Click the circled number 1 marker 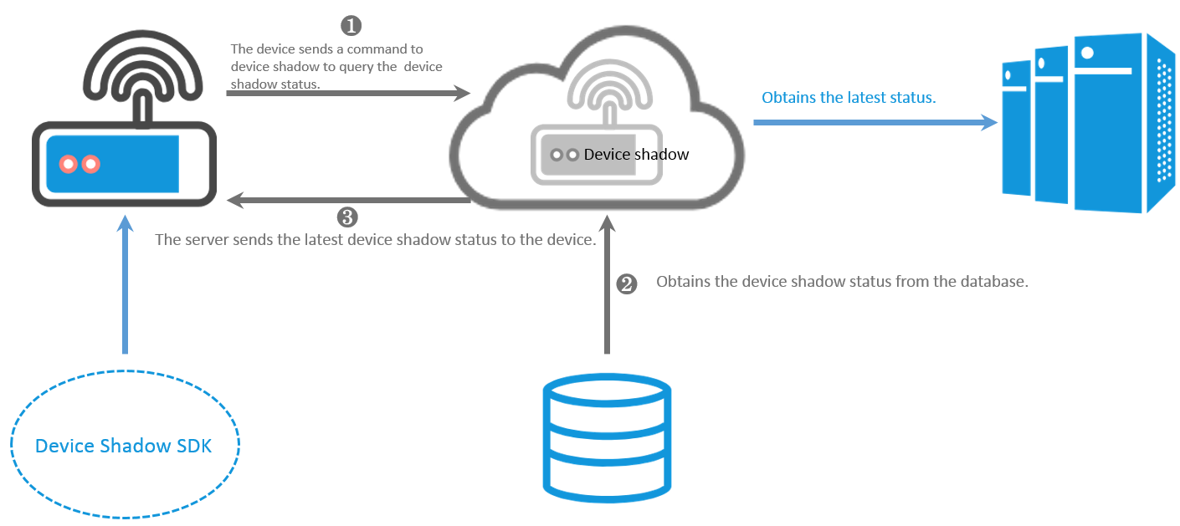tap(351, 25)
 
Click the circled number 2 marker tap(626, 284)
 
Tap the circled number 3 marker tap(347, 217)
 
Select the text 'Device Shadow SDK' tap(123, 446)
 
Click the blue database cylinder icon tap(607, 438)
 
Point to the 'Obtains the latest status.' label tap(849, 97)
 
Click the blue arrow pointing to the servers tap(875, 122)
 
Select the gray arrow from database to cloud tap(607, 284)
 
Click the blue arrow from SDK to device tap(125, 284)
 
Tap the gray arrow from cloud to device tap(348, 200)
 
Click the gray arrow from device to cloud tap(348, 93)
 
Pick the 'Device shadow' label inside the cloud tap(636, 154)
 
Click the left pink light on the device tap(68, 164)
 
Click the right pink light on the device tap(90, 164)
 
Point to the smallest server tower tap(1016, 128)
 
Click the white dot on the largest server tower tap(1087, 53)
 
